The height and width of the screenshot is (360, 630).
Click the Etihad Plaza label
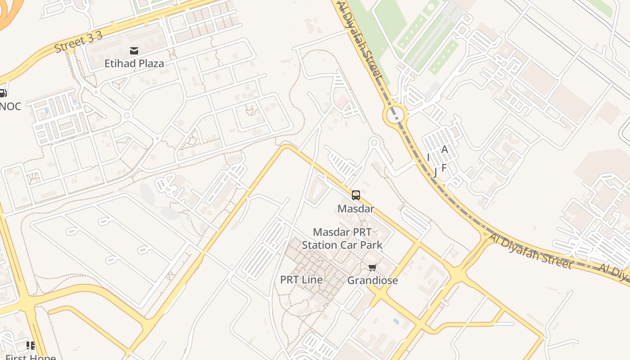[x=134, y=63]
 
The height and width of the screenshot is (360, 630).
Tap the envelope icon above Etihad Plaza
[x=134, y=50]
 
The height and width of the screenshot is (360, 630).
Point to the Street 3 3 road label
[x=79, y=42]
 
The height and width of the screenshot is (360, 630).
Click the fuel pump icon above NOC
[x=2, y=94]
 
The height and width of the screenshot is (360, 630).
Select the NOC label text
[x=10, y=107]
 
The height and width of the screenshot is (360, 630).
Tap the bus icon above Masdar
[x=356, y=195]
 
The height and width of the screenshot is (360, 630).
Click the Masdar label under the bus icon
[x=356, y=209]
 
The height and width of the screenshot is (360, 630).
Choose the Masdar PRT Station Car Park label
[x=342, y=239]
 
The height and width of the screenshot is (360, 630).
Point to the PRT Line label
[x=301, y=280]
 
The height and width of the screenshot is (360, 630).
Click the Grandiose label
[x=373, y=280]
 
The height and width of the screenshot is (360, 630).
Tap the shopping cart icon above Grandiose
[x=372, y=268]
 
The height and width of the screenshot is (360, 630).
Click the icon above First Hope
[x=31, y=346]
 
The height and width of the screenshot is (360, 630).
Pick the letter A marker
[x=445, y=149]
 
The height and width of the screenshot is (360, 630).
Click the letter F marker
[x=444, y=168]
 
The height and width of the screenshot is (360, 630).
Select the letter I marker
[x=428, y=157]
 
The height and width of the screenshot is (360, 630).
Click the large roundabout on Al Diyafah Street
[x=395, y=115]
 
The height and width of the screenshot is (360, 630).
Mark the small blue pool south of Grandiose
[x=396, y=321]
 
